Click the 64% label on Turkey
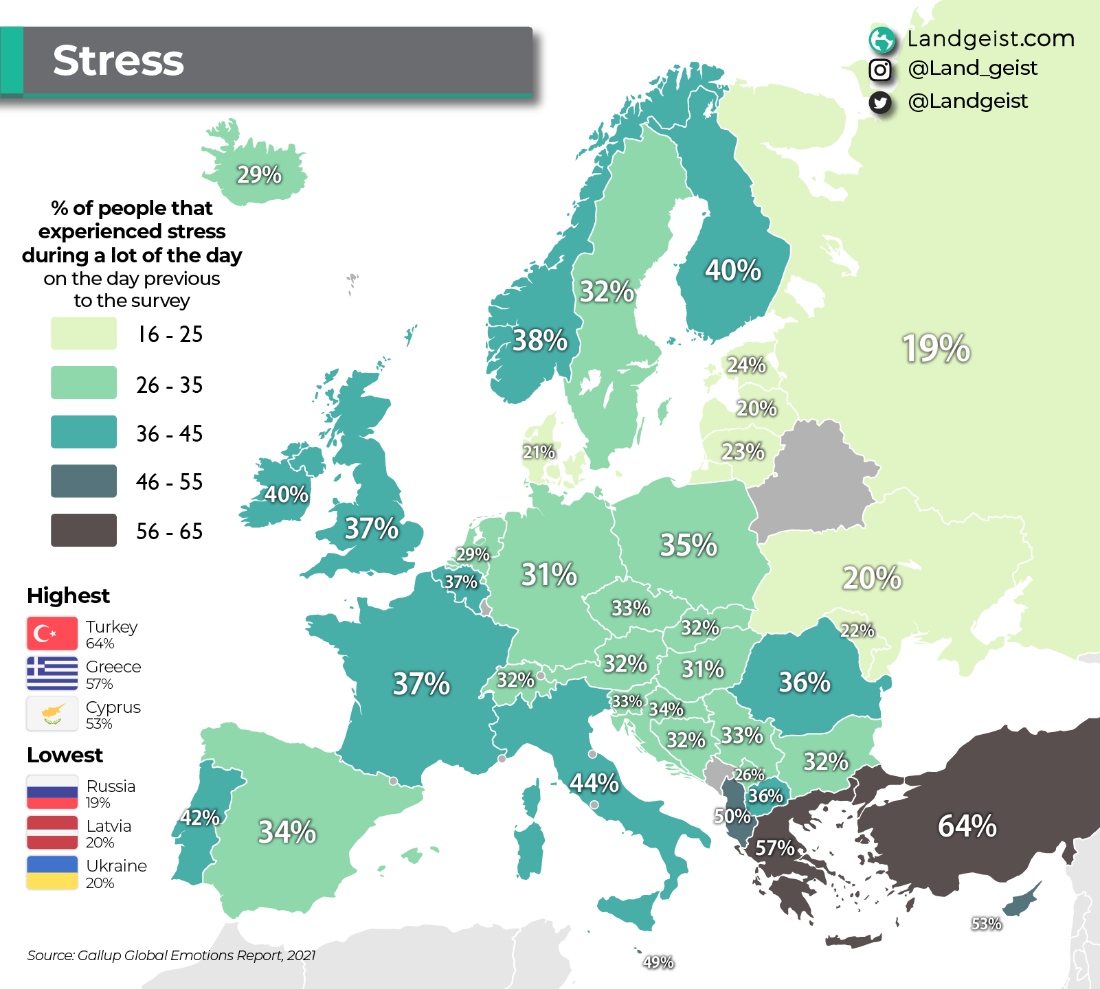[x=967, y=826]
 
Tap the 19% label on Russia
[x=936, y=348]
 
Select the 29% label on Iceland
[x=259, y=174]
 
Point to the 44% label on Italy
[x=594, y=782]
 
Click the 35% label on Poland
[x=688, y=545]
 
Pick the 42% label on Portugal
[x=199, y=817]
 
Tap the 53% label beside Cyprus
[x=986, y=924]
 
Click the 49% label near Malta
[x=658, y=962]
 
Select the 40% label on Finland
[x=732, y=270]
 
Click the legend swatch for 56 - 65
[x=84, y=530]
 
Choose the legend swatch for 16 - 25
[x=84, y=334]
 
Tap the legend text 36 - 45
[x=169, y=433]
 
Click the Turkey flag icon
[x=52, y=633]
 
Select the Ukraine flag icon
[x=52, y=872]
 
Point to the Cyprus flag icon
[x=52, y=714]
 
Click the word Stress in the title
[x=118, y=60]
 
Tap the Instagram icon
[x=880, y=69]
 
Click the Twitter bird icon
[x=880, y=102]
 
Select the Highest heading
[x=68, y=595]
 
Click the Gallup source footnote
[x=171, y=955]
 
